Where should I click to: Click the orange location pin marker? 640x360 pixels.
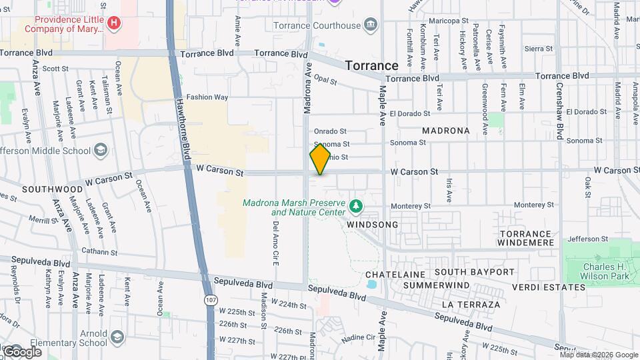click(320, 159)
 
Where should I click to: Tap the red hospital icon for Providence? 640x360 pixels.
click(115, 23)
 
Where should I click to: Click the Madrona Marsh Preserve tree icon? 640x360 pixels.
click(357, 207)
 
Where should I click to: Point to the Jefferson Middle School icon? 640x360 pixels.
click(101, 150)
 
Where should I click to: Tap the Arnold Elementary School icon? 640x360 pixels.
click(118, 337)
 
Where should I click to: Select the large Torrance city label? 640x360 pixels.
click(371, 65)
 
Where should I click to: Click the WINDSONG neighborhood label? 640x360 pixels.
click(372, 225)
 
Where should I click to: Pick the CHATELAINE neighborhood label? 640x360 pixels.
click(395, 275)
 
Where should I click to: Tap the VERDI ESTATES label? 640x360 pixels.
click(549, 287)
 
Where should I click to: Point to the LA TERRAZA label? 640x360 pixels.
click(471, 305)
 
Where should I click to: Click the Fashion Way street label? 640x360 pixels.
click(207, 97)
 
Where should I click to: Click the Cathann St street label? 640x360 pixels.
click(99, 253)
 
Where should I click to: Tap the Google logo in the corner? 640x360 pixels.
click(22, 351)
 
